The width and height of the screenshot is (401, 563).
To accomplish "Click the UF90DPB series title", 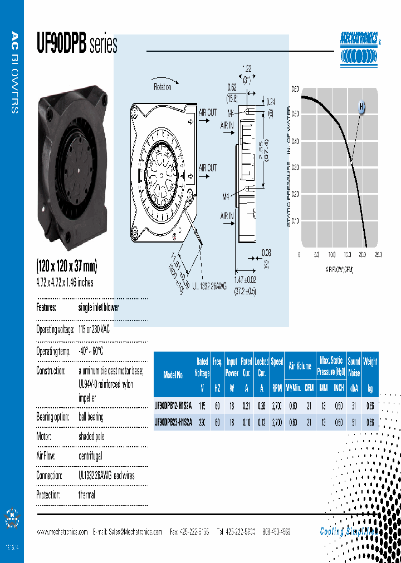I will click(x=77, y=44).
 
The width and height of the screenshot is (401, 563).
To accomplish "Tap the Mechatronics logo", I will click(x=360, y=49).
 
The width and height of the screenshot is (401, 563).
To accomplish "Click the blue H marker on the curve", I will click(x=361, y=106).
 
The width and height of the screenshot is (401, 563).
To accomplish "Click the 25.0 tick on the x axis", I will click(x=378, y=255).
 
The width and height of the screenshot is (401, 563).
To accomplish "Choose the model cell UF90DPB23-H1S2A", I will click(x=173, y=422).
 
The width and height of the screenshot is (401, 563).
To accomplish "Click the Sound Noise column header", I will click(x=354, y=367).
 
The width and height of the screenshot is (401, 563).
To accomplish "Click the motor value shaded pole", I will click(x=91, y=437).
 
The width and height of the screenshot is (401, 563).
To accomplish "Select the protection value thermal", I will click(x=87, y=495).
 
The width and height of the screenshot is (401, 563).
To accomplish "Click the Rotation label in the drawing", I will click(x=162, y=87).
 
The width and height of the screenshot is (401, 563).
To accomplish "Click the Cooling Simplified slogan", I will click(x=349, y=531).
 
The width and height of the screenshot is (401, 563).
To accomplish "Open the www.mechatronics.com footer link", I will click(x=62, y=532).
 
